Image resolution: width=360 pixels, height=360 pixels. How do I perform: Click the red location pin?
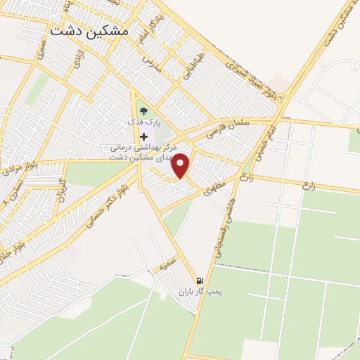pos(182,166)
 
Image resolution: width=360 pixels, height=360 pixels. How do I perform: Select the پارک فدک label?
pos(144,121)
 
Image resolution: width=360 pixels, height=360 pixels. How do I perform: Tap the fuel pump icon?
pos(200,281)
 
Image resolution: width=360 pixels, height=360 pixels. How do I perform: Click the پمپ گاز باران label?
pos(194,291)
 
